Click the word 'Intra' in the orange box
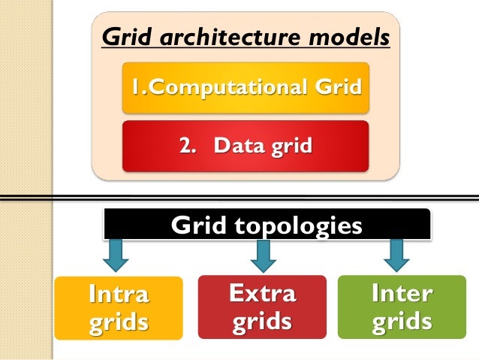[x=119, y=295]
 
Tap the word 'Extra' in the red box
[x=262, y=293]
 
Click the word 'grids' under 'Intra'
[x=119, y=324]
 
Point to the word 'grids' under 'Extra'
[x=262, y=322]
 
